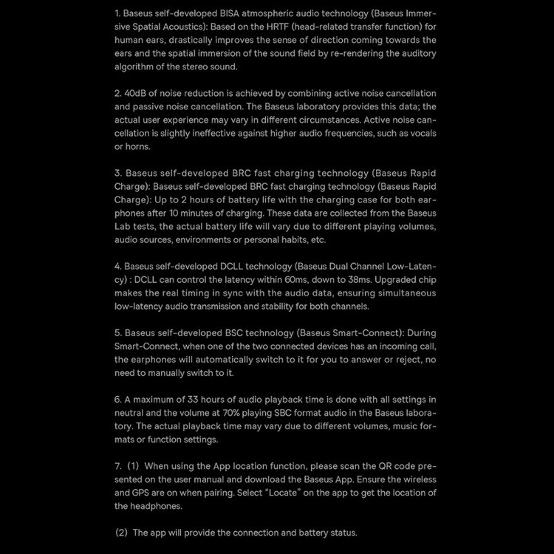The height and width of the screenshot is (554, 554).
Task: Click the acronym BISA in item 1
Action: pyautogui.click(x=239, y=13)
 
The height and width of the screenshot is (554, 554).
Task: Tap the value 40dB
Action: pyautogui.click(x=137, y=93)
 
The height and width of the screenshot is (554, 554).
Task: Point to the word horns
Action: pyautogui.click(x=138, y=146)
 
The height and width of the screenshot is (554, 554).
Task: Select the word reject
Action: pyautogui.click(x=406, y=360)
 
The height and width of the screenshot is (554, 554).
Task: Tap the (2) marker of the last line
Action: pyautogui.click(x=122, y=533)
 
